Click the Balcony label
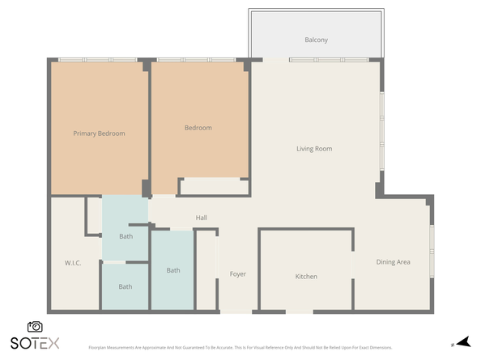tap(316, 40)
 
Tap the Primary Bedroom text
tap(99, 133)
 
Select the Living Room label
tap(314, 149)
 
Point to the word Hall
tap(202, 218)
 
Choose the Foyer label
tap(237, 274)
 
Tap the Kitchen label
tap(306, 277)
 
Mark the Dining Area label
tap(393, 262)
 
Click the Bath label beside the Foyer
tap(173, 270)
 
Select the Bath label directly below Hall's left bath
tap(126, 286)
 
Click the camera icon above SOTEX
tap(35, 326)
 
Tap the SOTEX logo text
tap(35, 343)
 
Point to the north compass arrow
tap(462, 343)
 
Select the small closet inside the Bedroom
tap(214, 187)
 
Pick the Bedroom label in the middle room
tap(198, 128)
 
